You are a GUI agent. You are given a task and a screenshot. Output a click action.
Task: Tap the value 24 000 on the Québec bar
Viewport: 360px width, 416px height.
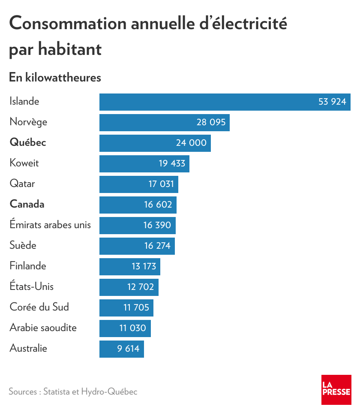tap(191, 143)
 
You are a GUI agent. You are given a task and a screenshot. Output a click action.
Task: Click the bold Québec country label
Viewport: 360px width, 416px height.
tap(28, 143)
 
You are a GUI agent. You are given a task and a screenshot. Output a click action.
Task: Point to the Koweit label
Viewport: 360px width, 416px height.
tap(24, 163)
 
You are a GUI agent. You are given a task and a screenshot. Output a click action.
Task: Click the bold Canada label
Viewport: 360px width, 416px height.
tap(27, 205)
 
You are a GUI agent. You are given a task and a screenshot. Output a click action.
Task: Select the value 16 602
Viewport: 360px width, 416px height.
tap(158, 205)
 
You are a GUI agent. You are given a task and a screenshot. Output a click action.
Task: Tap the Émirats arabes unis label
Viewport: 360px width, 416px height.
tap(50, 225)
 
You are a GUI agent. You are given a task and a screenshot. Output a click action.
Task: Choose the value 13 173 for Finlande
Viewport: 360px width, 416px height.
tap(144, 267)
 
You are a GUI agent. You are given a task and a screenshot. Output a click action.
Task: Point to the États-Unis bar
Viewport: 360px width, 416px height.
tap(129, 287)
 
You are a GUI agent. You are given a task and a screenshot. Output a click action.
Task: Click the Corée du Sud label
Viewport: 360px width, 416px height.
tap(39, 307)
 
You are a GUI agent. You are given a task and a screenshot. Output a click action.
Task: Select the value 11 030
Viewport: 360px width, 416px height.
tap(133, 329)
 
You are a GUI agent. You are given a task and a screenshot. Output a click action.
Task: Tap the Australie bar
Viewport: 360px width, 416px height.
tap(122, 349)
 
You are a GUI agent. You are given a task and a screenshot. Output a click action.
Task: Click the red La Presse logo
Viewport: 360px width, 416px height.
tap(336, 390)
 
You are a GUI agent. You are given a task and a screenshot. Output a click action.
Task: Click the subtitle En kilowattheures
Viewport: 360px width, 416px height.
tap(55, 78)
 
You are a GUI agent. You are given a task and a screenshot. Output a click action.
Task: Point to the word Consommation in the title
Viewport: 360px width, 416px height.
tap(67, 23)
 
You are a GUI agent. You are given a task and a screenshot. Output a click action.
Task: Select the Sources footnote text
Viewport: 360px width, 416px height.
tap(73, 392)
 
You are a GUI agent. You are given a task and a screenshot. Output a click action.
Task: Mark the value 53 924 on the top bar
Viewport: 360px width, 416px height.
tap(332, 102)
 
